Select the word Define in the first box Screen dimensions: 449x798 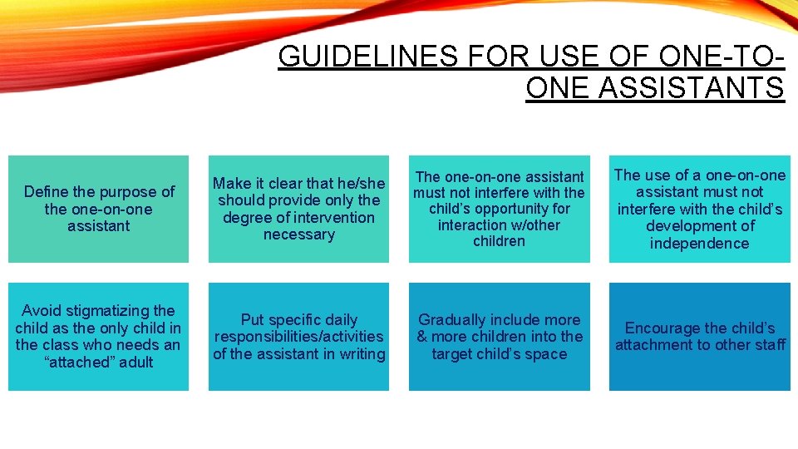45,192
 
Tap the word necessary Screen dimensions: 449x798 298,234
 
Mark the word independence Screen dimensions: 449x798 699,244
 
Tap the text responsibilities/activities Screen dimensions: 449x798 298,337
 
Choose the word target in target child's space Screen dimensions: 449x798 454,354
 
